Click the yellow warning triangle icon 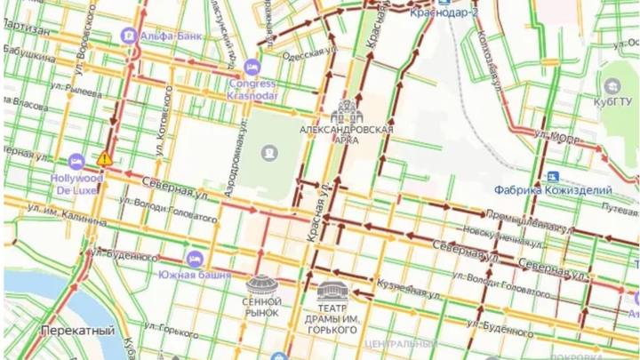click(105, 158)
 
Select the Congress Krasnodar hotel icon click(252, 67)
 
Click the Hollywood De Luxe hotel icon click(76, 162)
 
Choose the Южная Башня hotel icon click(192, 258)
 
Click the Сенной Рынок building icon click(263, 285)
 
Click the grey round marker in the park click(268, 154)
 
